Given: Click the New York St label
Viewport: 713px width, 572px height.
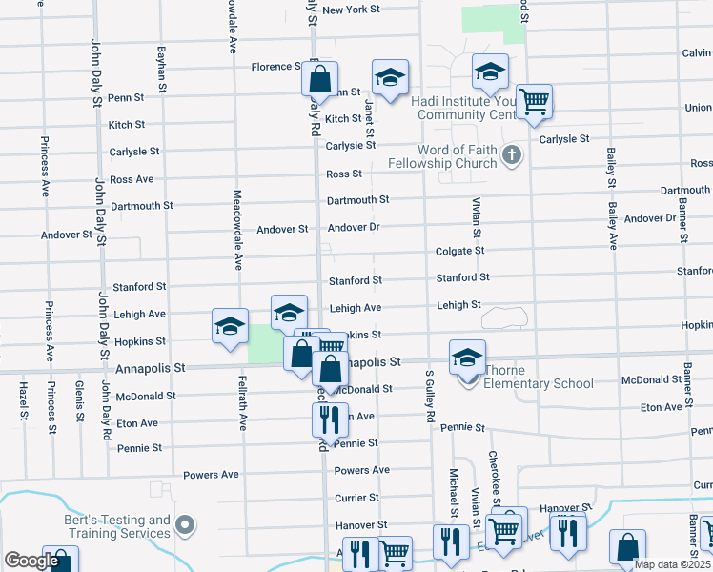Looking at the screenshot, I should (x=351, y=10).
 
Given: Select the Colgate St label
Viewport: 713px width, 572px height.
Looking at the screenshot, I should (x=460, y=251).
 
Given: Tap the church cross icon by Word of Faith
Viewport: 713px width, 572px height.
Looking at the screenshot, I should (x=512, y=154).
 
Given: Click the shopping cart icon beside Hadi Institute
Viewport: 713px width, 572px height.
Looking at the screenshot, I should (x=535, y=101).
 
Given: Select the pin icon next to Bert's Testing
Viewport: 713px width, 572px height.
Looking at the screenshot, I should (x=185, y=525).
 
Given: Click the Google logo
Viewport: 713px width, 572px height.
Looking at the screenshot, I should (x=31, y=561).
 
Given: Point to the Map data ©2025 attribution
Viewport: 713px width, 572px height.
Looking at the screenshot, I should (x=672, y=564).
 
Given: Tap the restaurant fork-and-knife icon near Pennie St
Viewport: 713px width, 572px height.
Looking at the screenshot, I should (x=325, y=418).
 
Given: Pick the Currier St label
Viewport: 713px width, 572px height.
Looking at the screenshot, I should (x=356, y=498).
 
